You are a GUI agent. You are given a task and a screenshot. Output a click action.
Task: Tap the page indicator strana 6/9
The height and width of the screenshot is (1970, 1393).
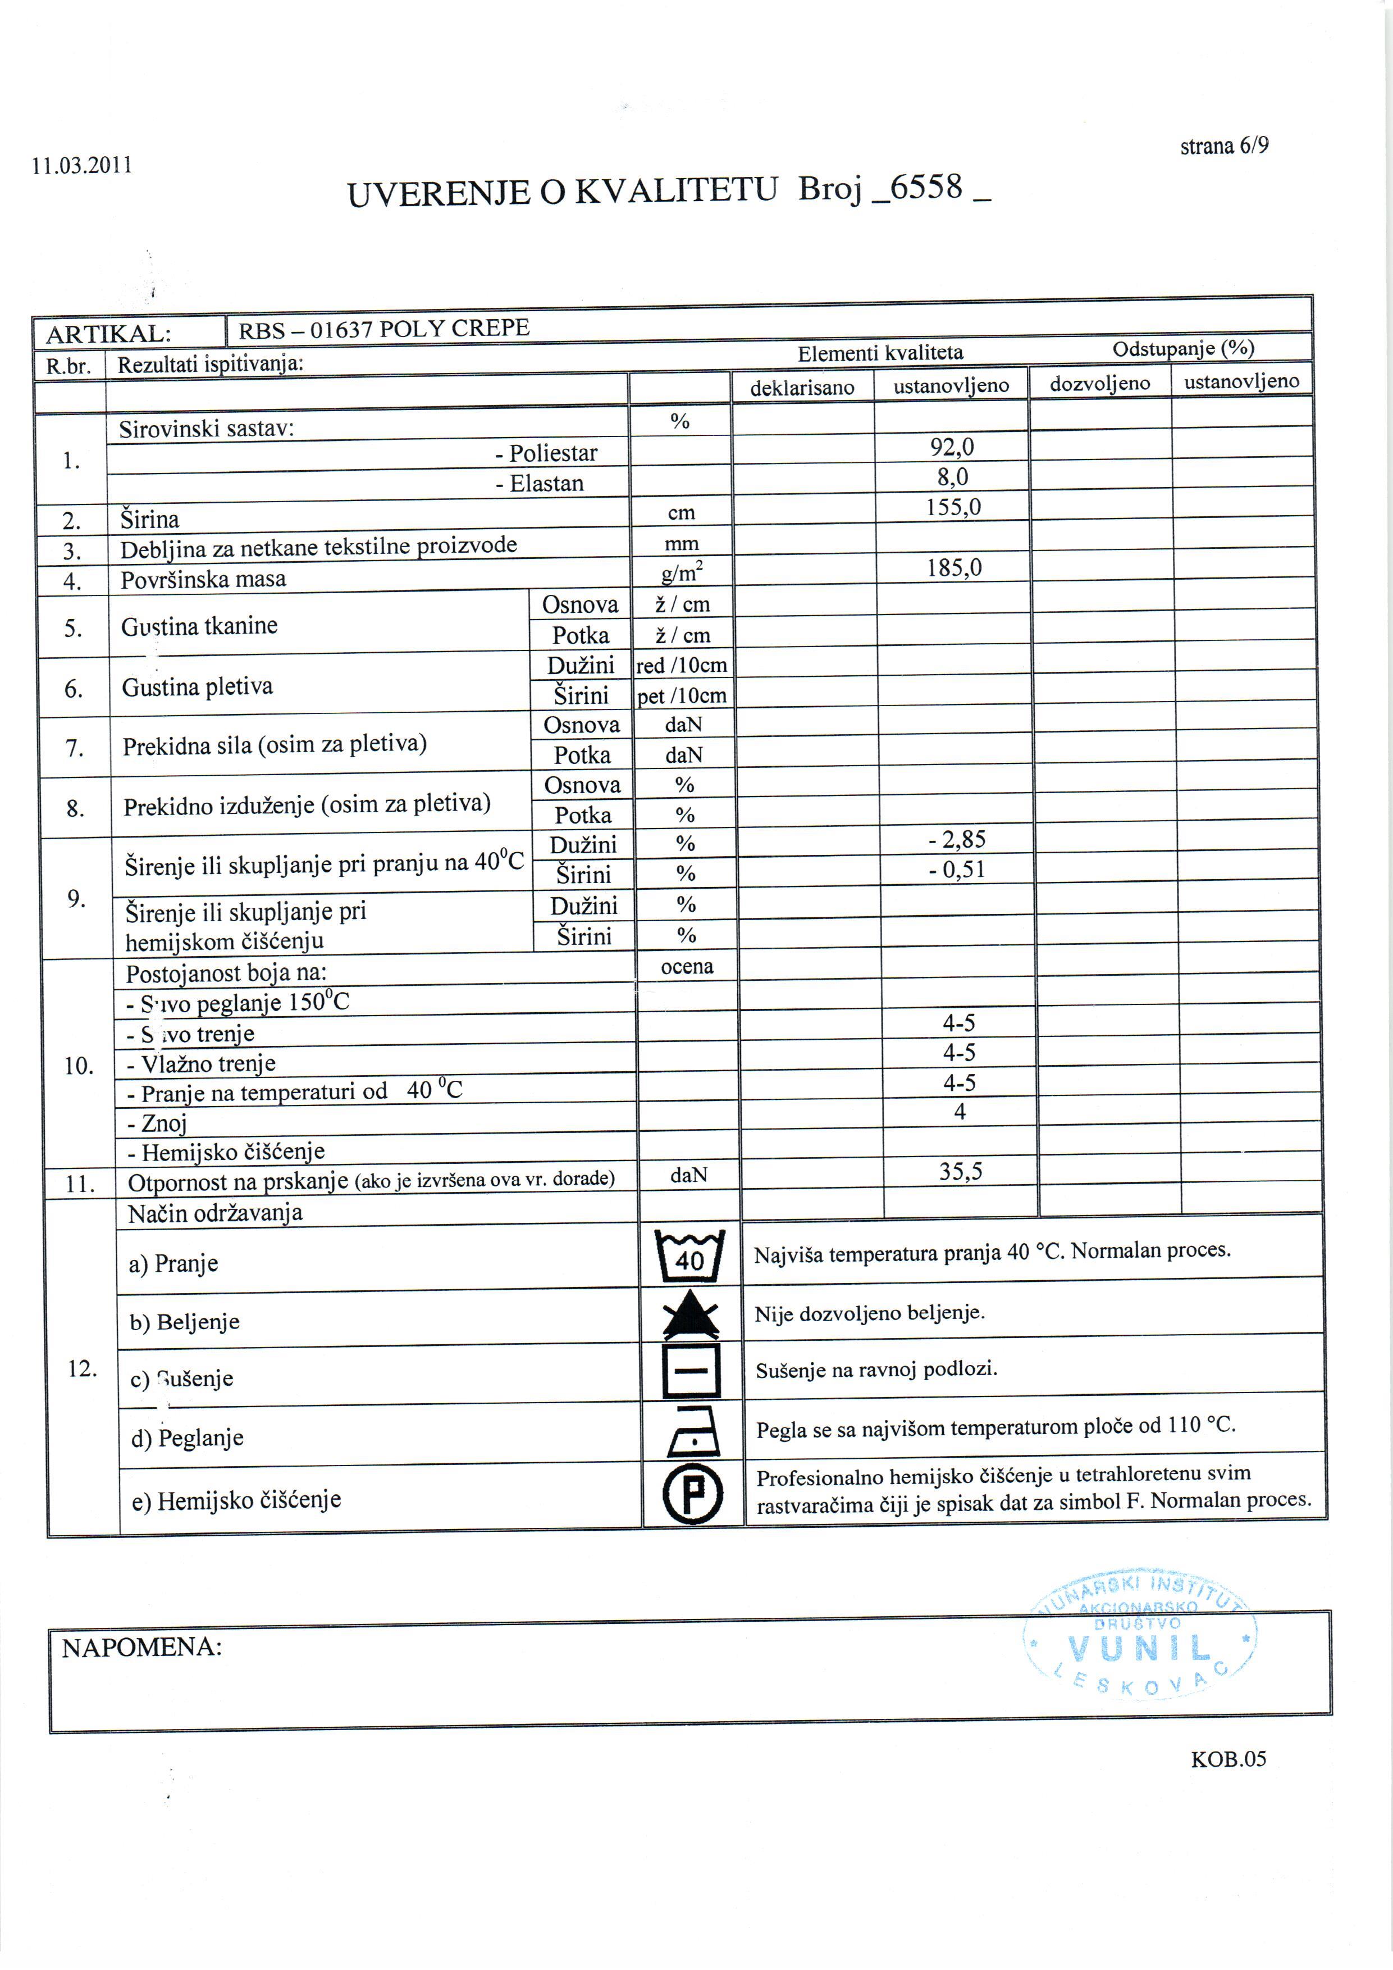(1224, 146)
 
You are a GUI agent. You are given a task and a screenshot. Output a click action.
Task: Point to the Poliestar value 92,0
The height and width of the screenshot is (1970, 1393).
(952, 446)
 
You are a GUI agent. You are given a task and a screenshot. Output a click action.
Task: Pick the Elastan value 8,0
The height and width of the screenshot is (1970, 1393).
(952, 476)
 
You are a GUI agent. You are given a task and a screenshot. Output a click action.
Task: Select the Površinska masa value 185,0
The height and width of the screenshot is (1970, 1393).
(954, 567)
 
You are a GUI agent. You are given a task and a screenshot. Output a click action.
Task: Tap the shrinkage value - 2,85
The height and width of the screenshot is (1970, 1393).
(957, 839)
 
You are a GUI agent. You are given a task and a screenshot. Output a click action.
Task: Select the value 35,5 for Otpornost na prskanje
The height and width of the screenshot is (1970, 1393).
(961, 1171)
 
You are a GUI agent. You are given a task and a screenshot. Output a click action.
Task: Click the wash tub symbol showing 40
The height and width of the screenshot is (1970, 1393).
(689, 1255)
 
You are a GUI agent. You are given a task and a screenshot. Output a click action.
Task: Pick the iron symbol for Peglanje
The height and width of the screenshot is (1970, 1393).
(693, 1432)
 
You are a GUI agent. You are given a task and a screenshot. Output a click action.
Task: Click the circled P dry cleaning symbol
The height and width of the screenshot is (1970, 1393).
(692, 1494)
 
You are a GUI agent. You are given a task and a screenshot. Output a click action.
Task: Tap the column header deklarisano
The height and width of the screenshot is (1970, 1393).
(802, 388)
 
